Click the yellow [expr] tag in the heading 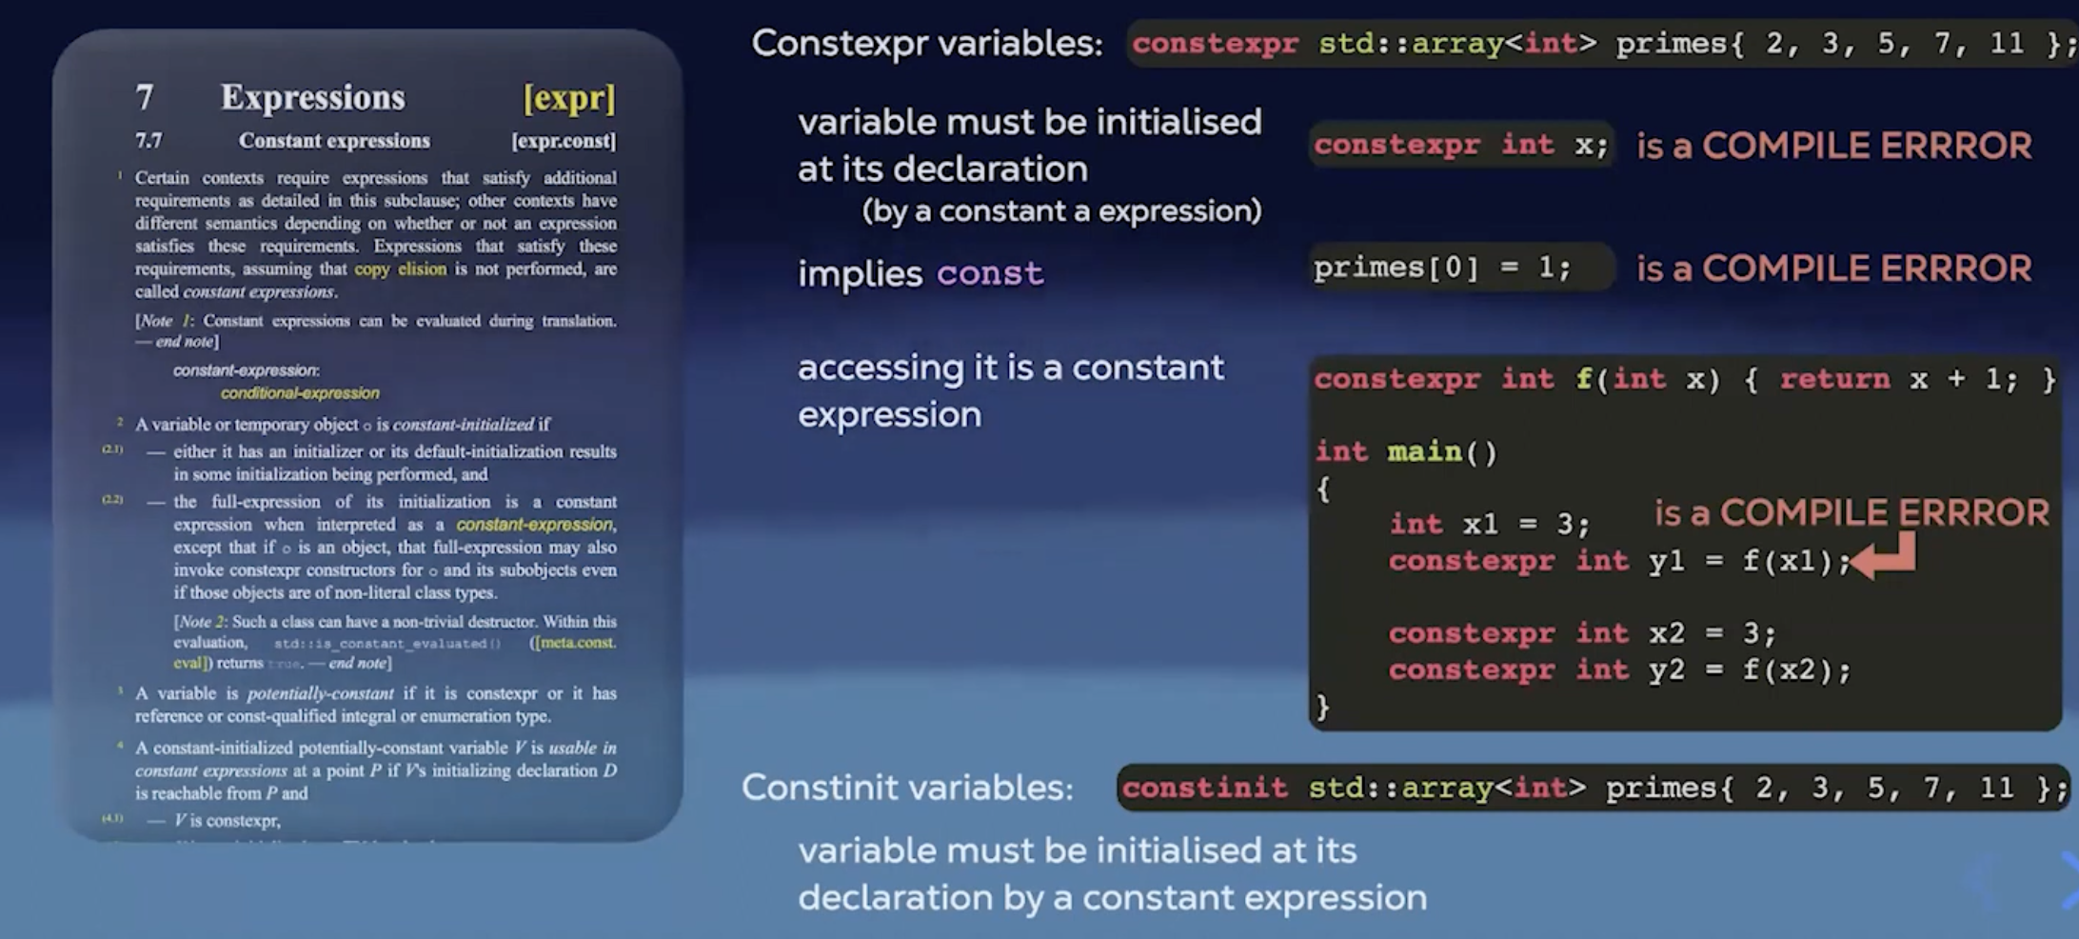click(569, 98)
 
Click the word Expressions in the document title click(312, 97)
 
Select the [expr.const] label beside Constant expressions click(564, 141)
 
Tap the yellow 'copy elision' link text click(400, 270)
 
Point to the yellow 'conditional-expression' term click(300, 393)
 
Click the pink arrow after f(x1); click(1885, 558)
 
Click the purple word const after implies click(990, 274)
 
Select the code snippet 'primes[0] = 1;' click(1441, 268)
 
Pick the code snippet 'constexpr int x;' click(1460, 145)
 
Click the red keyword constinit click(1204, 788)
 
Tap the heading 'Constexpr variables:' click(927, 44)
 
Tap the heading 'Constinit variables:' click(907, 788)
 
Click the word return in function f click(1834, 379)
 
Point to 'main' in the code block click(1424, 451)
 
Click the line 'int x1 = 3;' click(1489, 524)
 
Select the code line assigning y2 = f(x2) click(1618, 670)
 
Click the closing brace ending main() click(1322, 707)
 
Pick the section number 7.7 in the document click(148, 141)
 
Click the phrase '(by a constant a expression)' click(1061, 211)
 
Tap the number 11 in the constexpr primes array click(2007, 44)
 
